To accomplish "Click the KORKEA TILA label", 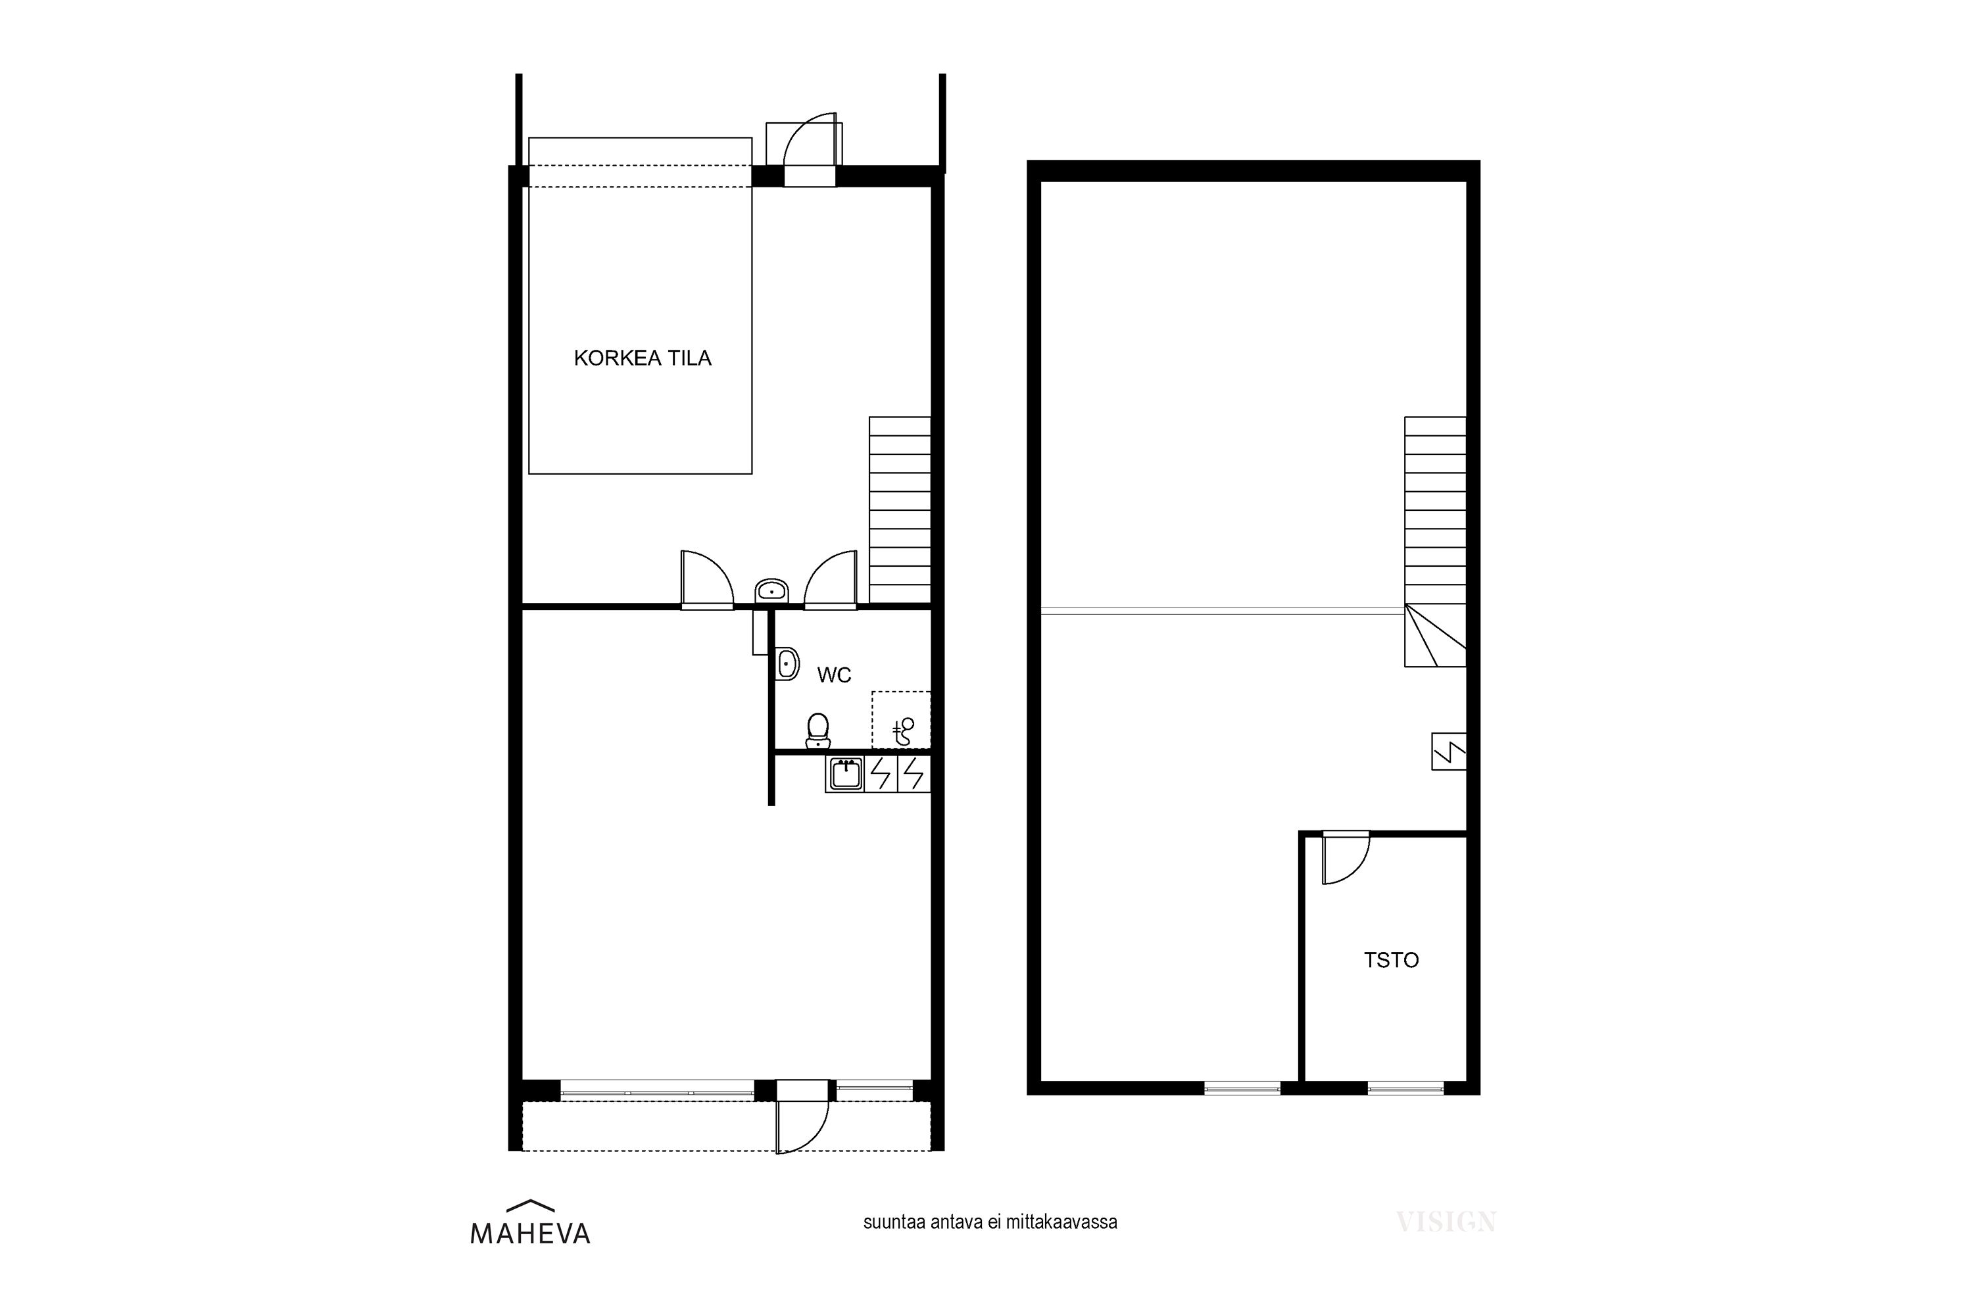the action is point(642,358).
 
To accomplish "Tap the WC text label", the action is point(834,675).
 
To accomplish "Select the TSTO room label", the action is point(1391,960).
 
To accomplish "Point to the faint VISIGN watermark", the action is point(1446,1222).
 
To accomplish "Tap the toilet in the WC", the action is point(818,730).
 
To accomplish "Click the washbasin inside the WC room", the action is point(787,664).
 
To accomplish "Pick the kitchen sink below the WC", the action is point(844,774).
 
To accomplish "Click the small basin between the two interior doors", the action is point(771,590).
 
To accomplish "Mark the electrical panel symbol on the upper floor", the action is point(1449,752).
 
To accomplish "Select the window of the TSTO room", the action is point(1406,1089).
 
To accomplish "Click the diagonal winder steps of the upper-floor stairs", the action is point(1435,636).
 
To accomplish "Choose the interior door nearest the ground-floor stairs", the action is point(831,579).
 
